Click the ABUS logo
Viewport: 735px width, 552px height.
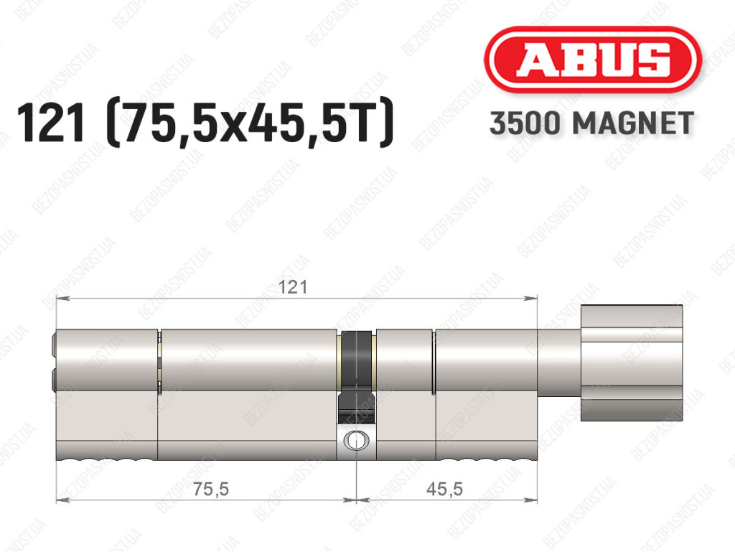pos(592,60)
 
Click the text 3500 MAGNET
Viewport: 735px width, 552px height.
pos(591,123)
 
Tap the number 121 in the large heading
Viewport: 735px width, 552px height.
pos(51,123)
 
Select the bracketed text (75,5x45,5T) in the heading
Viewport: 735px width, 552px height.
pos(250,123)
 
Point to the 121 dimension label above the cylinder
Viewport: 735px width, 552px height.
pos(293,287)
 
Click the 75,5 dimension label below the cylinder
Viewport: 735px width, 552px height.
pos(211,490)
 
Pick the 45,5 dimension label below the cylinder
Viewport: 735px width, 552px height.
pos(444,490)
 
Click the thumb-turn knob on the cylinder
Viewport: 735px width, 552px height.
pos(632,362)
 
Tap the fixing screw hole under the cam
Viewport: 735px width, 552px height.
pos(357,440)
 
